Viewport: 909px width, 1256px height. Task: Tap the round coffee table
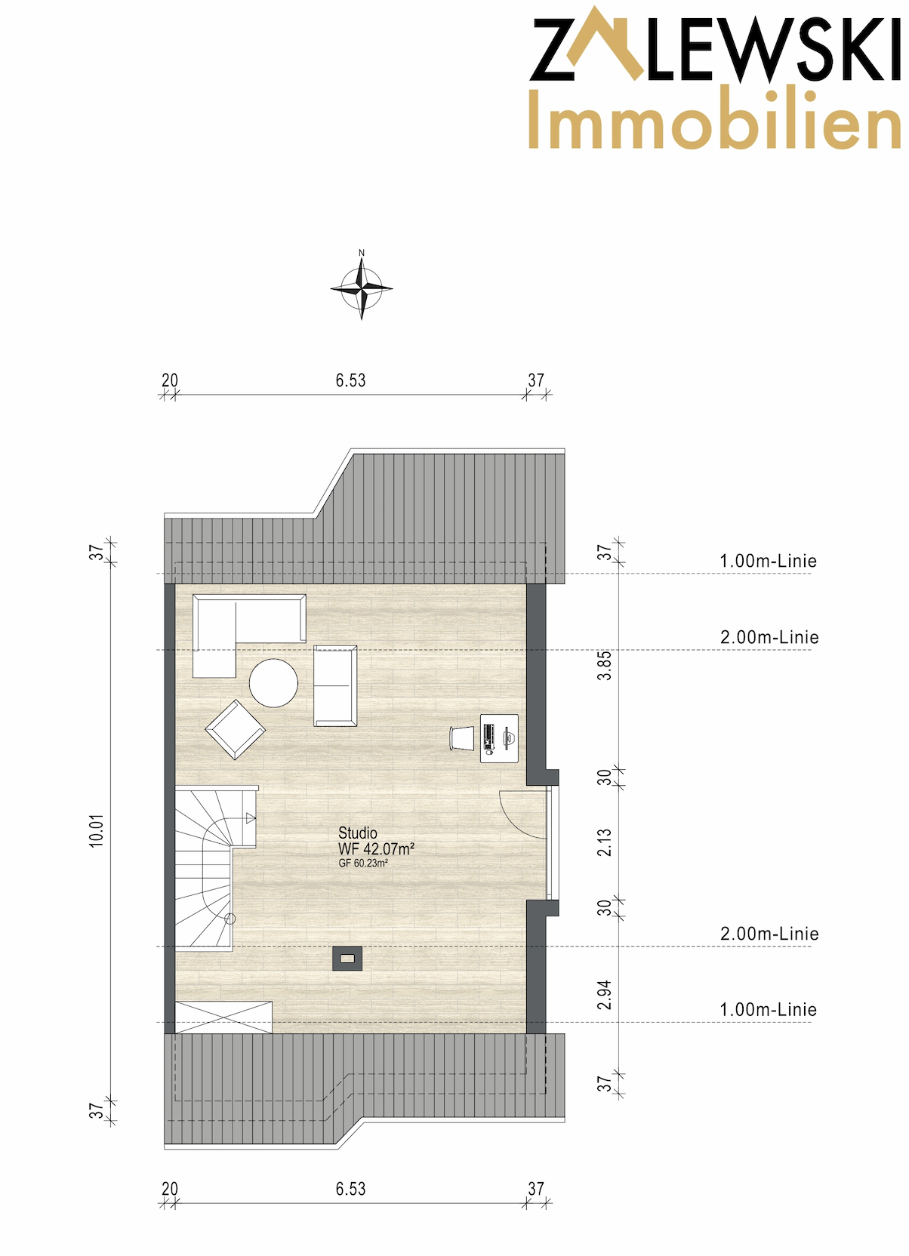[273, 682]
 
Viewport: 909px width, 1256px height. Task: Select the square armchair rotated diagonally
[235, 729]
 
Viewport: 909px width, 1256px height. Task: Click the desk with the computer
[499, 738]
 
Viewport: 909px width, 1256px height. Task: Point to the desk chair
[461, 738]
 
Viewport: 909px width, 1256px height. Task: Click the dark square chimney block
[347, 959]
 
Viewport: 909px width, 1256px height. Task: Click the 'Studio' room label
[357, 833]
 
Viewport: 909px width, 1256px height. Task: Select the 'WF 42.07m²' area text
[376, 849]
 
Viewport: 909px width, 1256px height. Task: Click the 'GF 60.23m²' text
[363, 863]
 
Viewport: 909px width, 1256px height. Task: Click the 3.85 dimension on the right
[605, 666]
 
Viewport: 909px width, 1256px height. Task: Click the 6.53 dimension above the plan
[350, 380]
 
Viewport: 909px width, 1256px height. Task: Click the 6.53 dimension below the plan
[350, 1189]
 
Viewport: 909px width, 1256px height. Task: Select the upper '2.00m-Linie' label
[769, 638]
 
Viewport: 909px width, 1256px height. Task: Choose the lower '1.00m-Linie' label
[769, 1010]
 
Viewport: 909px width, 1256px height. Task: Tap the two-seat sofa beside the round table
[334, 686]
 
